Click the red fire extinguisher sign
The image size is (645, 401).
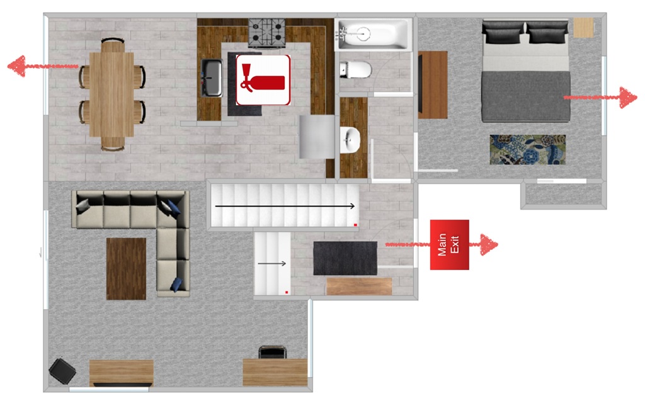(263, 80)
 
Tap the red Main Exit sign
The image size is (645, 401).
(450, 245)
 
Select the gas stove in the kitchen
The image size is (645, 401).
(266, 33)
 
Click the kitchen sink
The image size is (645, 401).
(212, 77)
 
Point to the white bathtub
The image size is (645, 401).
(374, 35)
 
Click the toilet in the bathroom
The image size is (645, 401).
(355, 70)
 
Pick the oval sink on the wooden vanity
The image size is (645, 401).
(350, 140)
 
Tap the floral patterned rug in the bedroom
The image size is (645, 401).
(527, 150)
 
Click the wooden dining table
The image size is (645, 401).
(111, 94)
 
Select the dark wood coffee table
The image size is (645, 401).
(126, 269)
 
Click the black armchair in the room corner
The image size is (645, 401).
(62, 371)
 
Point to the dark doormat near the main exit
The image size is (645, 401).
(345, 258)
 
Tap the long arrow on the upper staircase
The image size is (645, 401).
(285, 206)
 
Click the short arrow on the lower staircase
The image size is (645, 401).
(271, 264)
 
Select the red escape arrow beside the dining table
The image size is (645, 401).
(43, 66)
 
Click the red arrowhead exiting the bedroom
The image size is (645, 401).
(629, 98)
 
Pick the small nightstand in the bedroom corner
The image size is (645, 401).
(584, 28)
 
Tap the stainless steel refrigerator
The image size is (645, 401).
(317, 137)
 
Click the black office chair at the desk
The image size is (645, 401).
(272, 353)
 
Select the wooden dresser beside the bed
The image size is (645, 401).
(433, 85)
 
